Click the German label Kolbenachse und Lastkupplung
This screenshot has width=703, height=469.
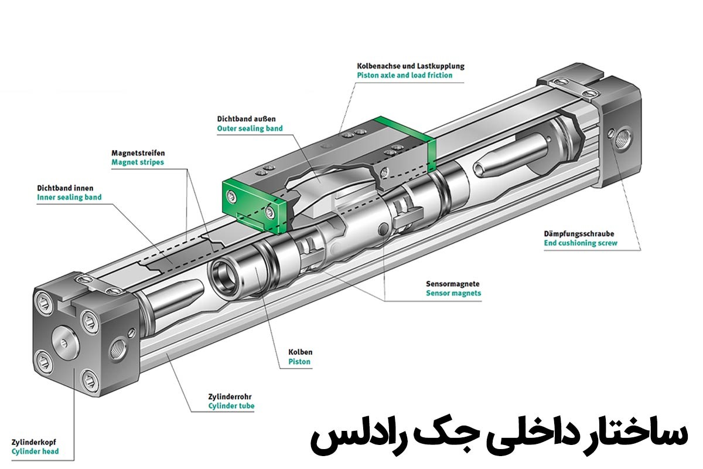coord(410,66)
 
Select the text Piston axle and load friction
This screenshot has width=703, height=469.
coord(404,76)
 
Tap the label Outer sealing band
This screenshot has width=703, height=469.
coord(250,128)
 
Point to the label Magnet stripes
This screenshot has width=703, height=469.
coord(138,162)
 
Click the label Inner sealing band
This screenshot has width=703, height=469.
coord(69,198)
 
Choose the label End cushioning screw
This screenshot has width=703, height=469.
coord(580,243)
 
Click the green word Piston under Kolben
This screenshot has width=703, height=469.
coord(299,362)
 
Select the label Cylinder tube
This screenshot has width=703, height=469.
coord(231,405)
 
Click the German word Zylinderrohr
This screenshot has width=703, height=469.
coord(230,396)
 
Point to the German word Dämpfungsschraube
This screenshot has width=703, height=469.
coord(578,233)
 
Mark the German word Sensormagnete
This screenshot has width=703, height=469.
coord(453,283)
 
